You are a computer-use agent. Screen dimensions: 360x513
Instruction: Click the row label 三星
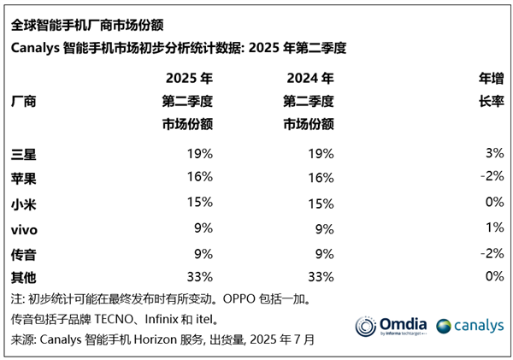pyautogui.click(x=24, y=155)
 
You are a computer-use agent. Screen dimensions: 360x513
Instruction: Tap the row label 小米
pyautogui.click(x=24, y=204)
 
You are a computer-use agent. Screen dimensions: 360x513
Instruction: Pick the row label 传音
pyautogui.click(x=24, y=254)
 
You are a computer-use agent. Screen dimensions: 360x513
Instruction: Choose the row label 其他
pyautogui.click(x=24, y=278)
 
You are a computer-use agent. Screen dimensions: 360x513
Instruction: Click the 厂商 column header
pyautogui.click(x=24, y=101)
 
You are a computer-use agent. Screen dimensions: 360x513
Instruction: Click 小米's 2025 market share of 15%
pyautogui.click(x=199, y=204)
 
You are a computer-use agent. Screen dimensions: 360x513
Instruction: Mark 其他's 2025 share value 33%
pyautogui.click(x=199, y=278)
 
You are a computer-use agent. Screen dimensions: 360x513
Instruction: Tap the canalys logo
pyautogui.click(x=469, y=327)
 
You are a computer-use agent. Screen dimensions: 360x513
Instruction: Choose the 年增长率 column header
pyautogui.click(x=492, y=90)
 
